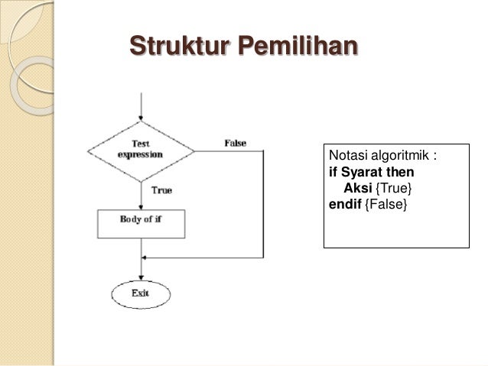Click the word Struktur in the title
(179, 45)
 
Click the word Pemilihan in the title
(298, 45)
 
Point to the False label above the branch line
(236, 143)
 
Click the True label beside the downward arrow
(161, 190)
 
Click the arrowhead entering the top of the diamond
(141, 118)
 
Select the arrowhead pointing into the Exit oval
(141, 277)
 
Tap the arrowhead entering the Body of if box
(141, 207)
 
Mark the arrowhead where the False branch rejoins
(144, 257)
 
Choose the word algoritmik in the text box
(400, 155)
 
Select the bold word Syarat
(362, 172)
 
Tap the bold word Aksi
(358, 188)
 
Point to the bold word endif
(345, 204)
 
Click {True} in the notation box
(394, 188)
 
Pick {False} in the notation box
(386, 204)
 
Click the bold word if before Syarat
(333, 172)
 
